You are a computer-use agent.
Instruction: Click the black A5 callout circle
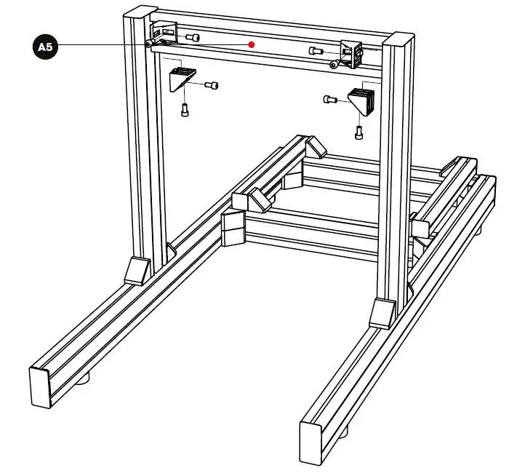(45, 47)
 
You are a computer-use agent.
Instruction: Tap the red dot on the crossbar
(252, 44)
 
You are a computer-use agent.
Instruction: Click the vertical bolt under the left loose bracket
(184, 110)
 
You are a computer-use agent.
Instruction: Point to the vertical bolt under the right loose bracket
(358, 132)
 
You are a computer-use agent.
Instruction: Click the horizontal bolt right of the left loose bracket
(212, 86)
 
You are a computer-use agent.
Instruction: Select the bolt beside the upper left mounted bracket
(193, 37)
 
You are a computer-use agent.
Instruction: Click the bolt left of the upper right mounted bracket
(316, 51)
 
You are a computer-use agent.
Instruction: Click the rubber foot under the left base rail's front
(86, 379)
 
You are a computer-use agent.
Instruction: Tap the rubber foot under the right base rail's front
(342, 431)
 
